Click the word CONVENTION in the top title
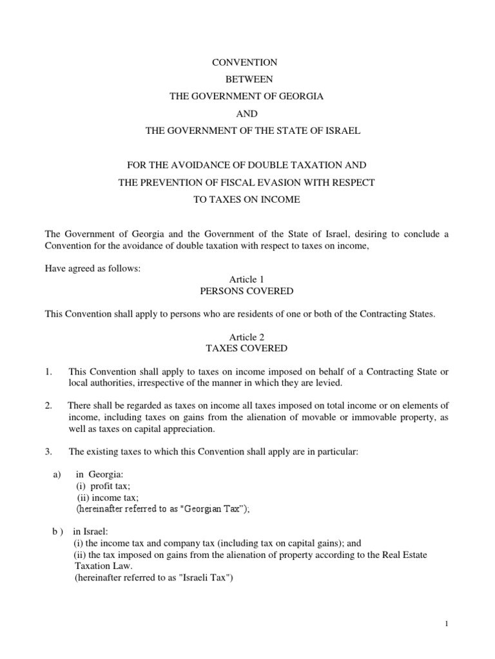coord(245,62)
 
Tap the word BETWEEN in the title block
coord(248,79)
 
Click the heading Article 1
coord(247,279)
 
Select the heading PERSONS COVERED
coord(247,292)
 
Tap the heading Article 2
coord(247,337)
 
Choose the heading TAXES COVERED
coord(247,349)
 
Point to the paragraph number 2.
coord(48,405)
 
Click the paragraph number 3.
coord(48,452)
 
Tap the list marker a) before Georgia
coord(56,474)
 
